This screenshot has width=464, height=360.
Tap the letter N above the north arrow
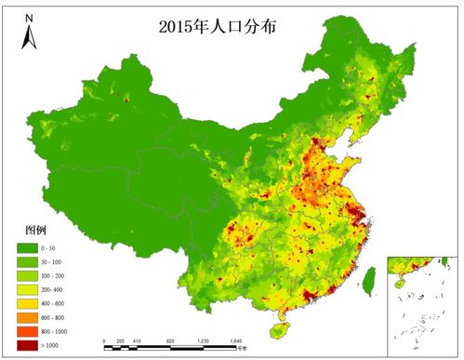point(29,18)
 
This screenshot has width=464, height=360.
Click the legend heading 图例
point(34,229)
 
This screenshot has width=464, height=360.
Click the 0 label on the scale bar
point(105,341)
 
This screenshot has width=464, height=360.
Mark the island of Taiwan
point(365,276)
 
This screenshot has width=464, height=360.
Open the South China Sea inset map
point(422,303)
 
